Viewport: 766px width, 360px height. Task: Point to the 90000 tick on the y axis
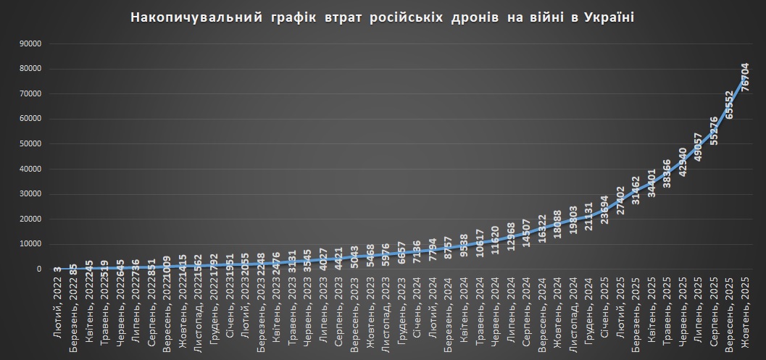(30, 43)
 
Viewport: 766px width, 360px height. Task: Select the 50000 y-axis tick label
(30, 144)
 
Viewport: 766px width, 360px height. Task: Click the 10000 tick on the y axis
(30, 244)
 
